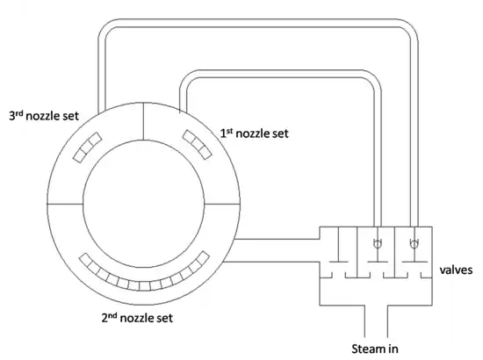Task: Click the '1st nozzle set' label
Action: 254,134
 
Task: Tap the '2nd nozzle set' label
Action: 142,317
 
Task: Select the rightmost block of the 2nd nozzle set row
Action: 204,258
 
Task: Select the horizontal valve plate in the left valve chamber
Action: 339,262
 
